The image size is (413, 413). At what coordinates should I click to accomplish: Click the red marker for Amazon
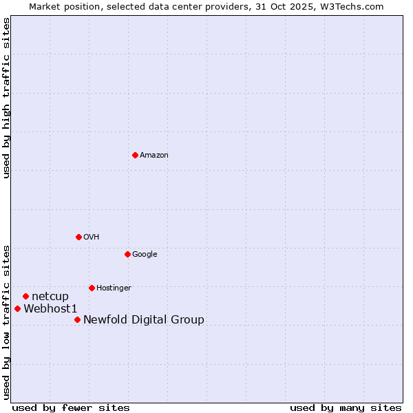tap(135, 155)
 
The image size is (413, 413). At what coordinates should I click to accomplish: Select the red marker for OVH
tap(78, 237)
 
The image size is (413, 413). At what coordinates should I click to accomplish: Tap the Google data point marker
tap(127, 254)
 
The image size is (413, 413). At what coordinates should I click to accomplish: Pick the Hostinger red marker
tap(92, 288)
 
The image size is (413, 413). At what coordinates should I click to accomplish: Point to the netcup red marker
tap(25, 296)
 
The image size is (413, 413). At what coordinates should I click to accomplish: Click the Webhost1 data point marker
tap(17, 308)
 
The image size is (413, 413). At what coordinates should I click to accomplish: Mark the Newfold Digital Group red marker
tap(77, 319)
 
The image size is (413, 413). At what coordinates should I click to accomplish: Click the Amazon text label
tap(154, 156)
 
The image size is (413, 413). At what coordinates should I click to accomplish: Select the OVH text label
tap(92, 237)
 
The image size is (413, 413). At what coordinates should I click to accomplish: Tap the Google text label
tap(145, 255)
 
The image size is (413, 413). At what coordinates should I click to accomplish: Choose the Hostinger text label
tap(114, 288)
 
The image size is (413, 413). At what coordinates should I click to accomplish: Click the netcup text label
tap(50, 297)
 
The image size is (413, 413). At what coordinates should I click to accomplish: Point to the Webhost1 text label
tap(50, 309)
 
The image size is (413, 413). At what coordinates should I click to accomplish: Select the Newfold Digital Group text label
tap(144, 320)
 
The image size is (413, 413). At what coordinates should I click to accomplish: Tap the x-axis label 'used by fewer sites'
tap(71, 407)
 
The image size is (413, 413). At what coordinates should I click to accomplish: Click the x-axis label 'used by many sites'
tap(346, 407)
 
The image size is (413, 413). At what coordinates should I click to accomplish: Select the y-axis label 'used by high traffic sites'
tap(7, 98)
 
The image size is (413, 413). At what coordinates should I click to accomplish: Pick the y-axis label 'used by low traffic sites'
tap(7, 321)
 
